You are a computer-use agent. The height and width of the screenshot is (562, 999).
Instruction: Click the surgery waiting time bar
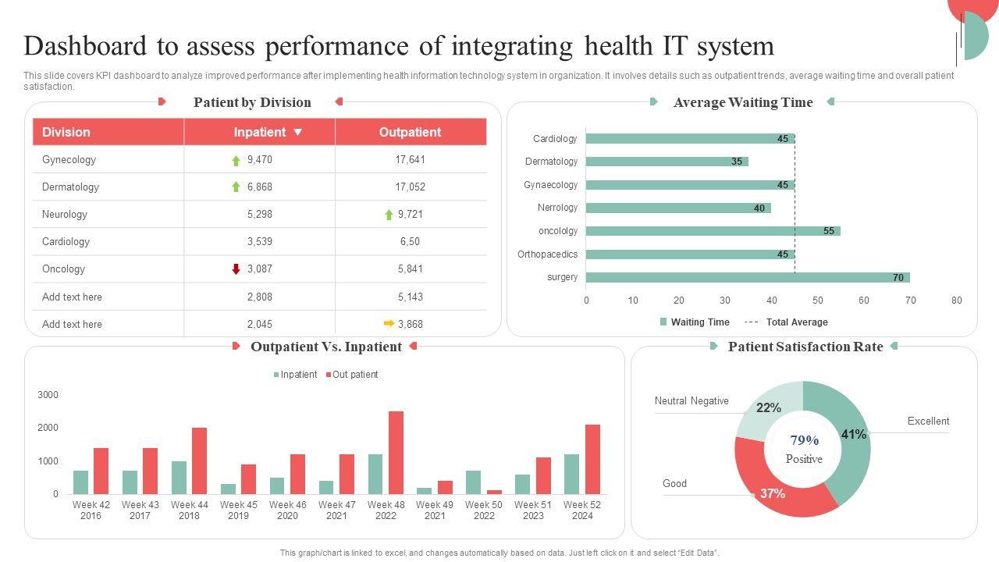[747, 277]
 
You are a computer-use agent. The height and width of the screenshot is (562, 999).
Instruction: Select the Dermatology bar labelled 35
[667, 162]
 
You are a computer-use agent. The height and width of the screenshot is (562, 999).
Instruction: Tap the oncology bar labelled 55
[713, 231]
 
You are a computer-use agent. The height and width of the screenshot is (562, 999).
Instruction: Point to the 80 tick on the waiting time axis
[956, 301]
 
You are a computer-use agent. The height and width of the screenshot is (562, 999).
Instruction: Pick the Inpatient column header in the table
[260, 132]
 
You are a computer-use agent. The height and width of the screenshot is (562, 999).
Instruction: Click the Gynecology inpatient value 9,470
[259, 160]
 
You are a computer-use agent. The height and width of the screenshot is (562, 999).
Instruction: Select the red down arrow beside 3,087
[236, 269]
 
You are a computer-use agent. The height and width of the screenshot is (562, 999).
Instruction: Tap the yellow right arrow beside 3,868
[389, 324]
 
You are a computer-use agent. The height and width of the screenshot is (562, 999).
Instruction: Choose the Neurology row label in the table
[65, 215]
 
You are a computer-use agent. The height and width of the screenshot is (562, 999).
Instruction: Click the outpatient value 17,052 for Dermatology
[410, 187]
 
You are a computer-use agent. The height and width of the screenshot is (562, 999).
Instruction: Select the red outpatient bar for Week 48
[396, 453]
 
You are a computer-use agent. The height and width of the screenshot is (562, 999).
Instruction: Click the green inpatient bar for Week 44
[180, 478]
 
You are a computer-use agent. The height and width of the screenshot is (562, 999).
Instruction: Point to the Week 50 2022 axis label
[484, 510]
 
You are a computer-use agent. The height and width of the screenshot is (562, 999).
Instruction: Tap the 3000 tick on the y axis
[48, 395]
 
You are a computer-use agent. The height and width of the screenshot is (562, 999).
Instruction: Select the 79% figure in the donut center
[804, 440]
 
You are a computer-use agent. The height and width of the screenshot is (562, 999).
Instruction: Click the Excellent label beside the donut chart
[928, 421]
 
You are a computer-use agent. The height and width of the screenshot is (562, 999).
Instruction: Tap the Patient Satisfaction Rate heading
[805, 347]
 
